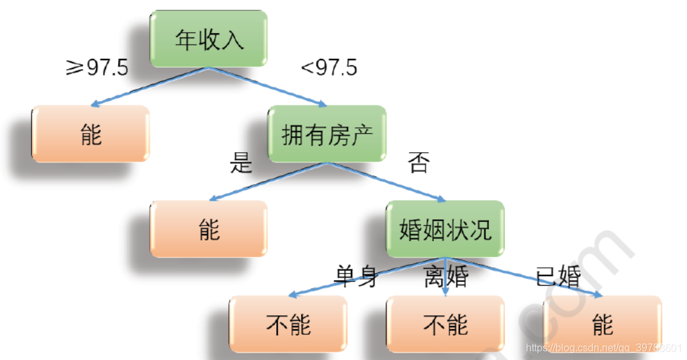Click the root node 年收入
209,40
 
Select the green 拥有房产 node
327,135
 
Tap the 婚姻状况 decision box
445,230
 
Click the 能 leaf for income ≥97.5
91,134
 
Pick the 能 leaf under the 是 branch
209,229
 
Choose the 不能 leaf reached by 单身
288,324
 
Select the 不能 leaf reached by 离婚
445,324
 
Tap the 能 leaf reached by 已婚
602,324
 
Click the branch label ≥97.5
97,67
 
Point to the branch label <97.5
328,67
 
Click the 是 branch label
241,164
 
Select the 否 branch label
419,164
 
